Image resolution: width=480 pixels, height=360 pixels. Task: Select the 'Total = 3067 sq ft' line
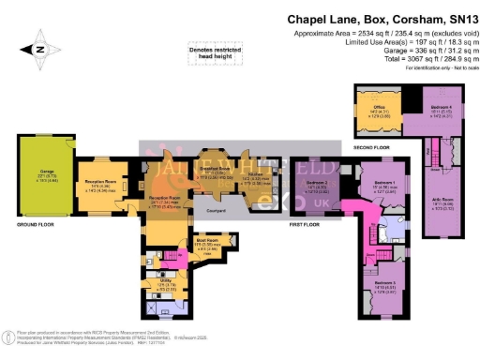417,61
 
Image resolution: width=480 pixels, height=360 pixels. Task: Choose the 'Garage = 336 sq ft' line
417,52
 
